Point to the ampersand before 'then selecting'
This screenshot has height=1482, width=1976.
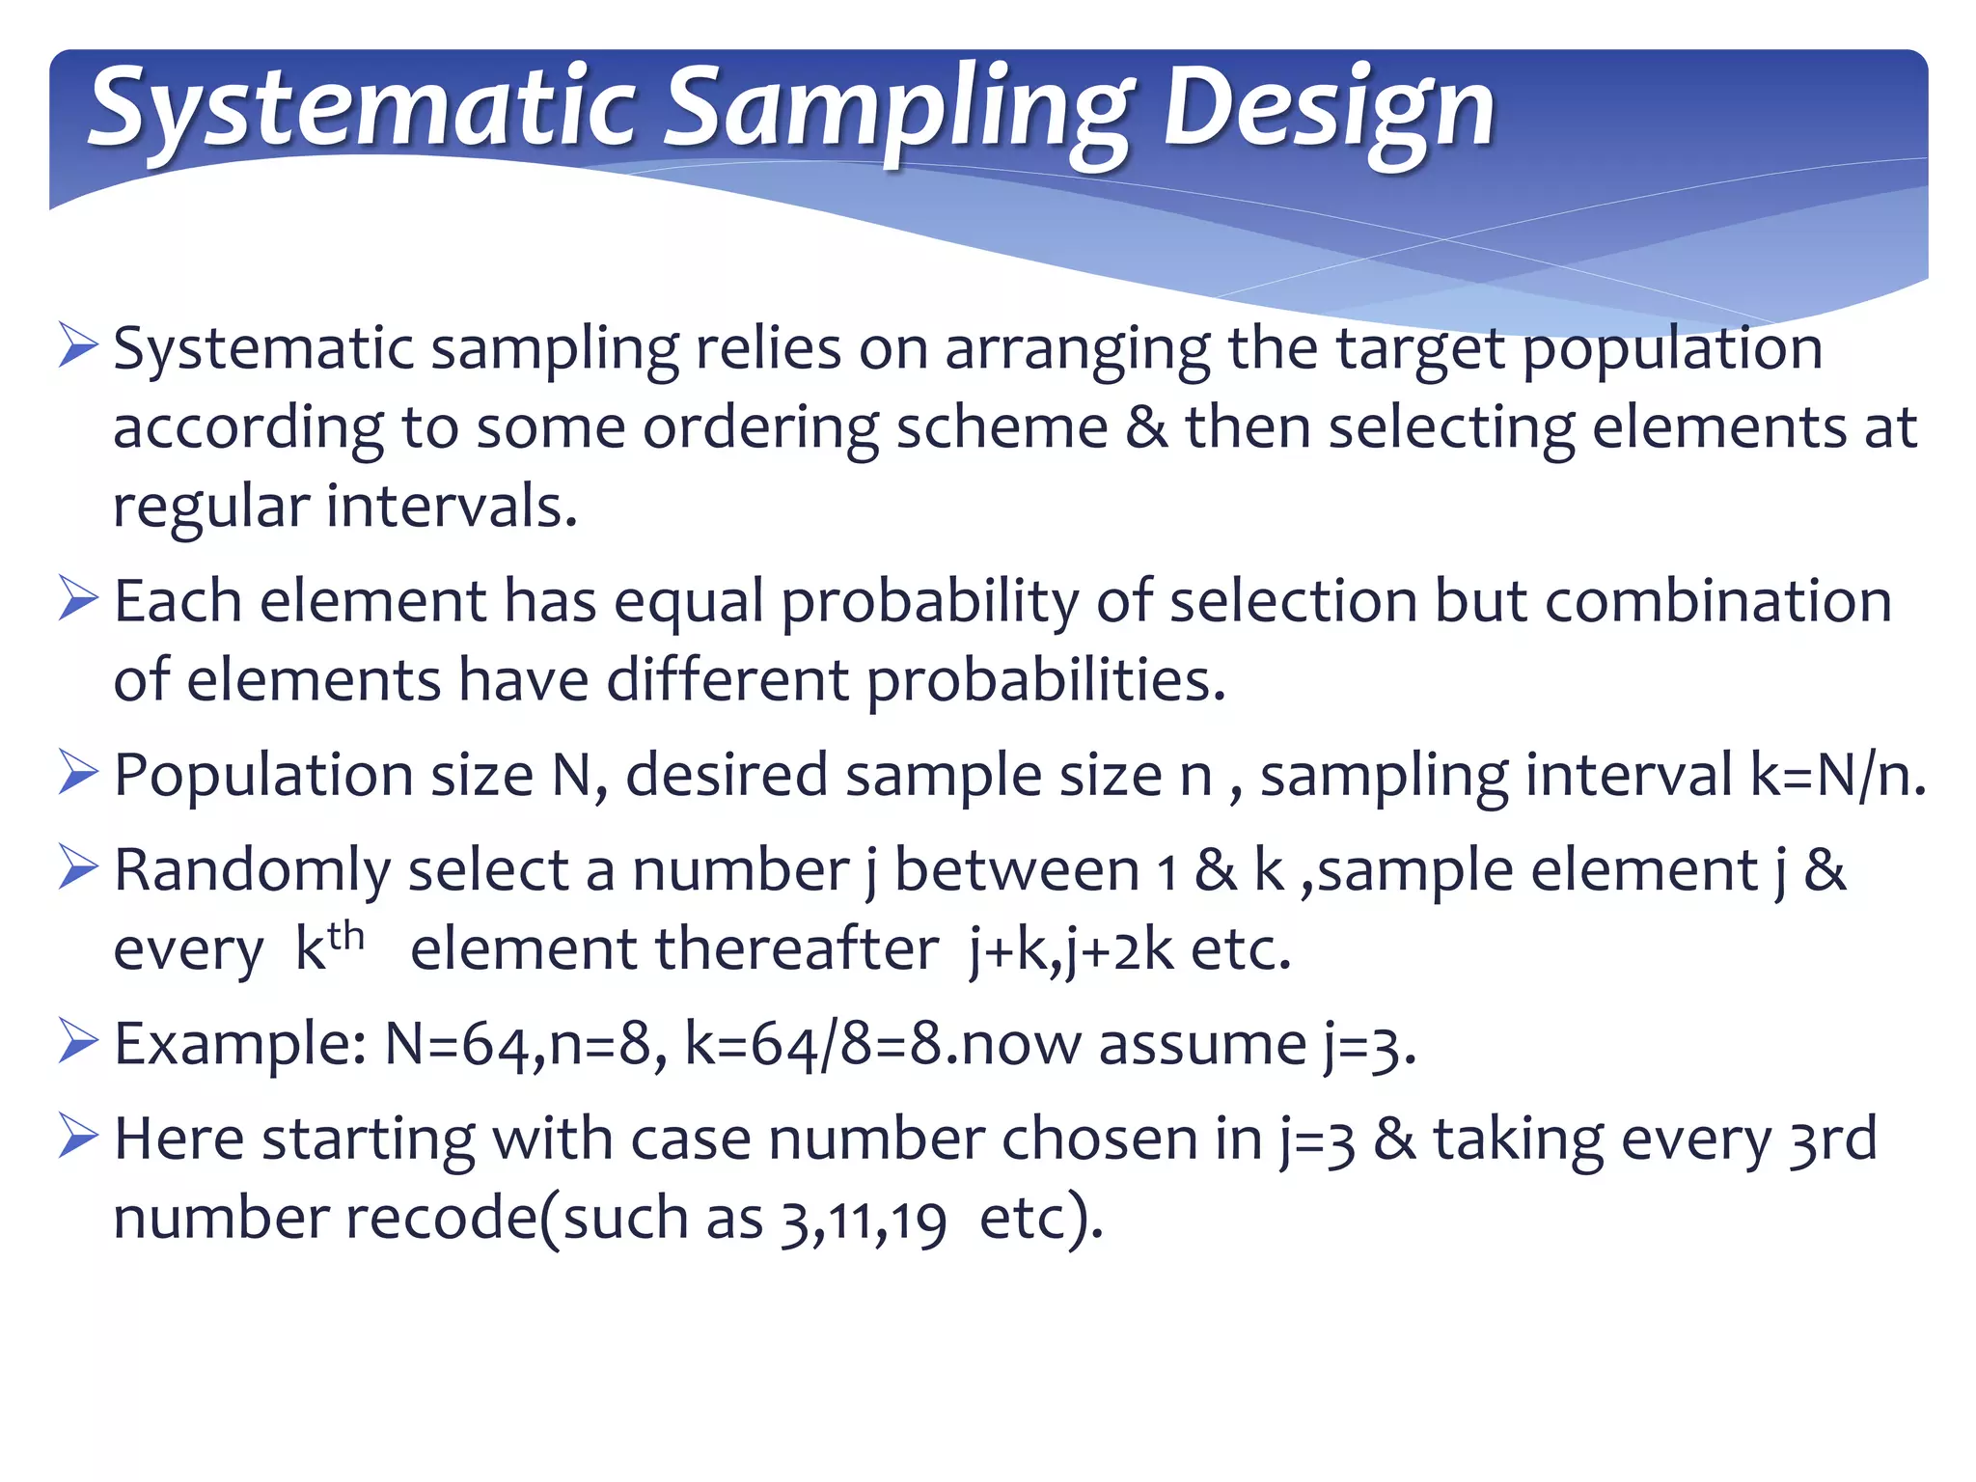coord(1146,426)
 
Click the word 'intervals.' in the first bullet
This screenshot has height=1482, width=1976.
coord(452,506)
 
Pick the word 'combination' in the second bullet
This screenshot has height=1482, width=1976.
coord(1718,600)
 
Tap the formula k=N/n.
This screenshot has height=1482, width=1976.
coord(1838,775)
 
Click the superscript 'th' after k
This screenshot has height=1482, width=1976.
coord(345,936)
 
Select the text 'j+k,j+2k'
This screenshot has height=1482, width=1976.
coord(1072,949)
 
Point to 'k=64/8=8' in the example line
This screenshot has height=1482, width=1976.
coord(812,1044)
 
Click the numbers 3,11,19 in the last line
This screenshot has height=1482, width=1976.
coord(864,1220)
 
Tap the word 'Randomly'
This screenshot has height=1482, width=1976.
coord(252,870)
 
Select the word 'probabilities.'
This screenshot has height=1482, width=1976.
coord(1046,680)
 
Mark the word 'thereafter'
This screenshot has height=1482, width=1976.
coord(797,949)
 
